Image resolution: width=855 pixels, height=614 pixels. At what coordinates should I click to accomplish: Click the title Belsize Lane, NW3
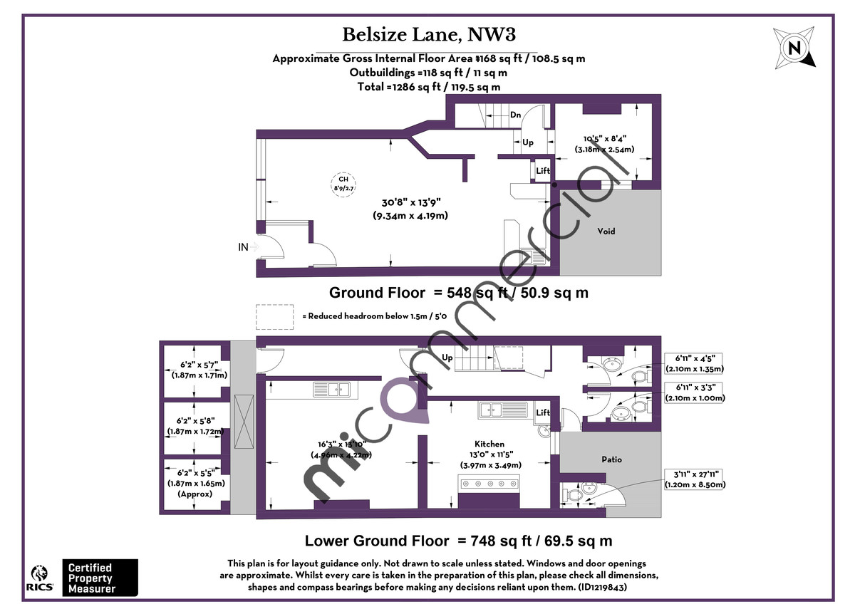pos(429,34)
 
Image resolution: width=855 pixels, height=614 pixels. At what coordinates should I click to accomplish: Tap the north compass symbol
pos(793,47)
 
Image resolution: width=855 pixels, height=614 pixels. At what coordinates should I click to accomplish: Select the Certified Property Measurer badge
pos(100,577)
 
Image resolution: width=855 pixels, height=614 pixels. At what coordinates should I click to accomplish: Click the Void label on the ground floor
pos(606,231)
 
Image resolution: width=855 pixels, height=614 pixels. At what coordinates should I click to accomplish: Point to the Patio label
pos(611,459)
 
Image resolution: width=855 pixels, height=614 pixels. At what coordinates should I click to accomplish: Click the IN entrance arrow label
pos(244,247)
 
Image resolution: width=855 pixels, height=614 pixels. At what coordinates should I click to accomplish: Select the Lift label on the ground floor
pos(543,171)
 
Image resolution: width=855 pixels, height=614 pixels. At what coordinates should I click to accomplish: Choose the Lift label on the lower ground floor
pos(543,412)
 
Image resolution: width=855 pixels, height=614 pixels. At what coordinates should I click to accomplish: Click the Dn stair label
pos(515,115)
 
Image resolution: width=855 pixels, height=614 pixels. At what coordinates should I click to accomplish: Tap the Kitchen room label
pos(489,444)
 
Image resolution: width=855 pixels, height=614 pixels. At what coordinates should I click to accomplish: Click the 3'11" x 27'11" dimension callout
pos(695,479)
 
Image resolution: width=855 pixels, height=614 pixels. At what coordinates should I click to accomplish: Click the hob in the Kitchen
pos(489,484)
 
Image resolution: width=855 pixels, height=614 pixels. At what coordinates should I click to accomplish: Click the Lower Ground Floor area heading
pos(458,541)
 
